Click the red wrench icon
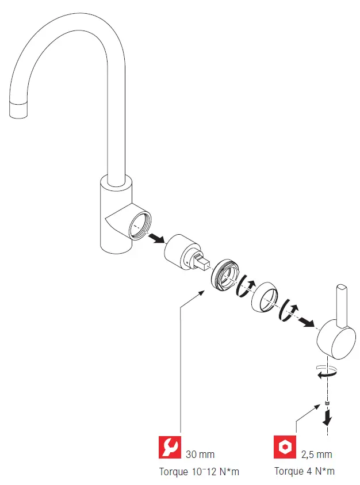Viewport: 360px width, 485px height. (x=169, y=447)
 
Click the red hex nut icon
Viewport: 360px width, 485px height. (x=284, y=447)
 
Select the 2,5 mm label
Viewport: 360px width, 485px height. (x=317, y=455)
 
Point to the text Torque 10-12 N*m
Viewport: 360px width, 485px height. (x=199, y=472)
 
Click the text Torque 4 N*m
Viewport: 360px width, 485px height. (x=304, y=472)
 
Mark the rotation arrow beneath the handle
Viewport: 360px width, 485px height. (x=324, y=373)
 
